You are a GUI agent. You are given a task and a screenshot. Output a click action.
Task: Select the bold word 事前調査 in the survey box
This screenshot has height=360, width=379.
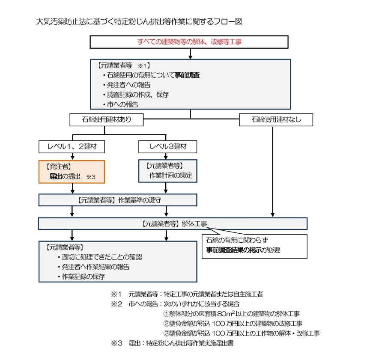(x=187, y=75)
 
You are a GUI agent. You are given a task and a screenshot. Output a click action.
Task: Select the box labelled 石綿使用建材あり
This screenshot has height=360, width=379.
(x=106, y=120)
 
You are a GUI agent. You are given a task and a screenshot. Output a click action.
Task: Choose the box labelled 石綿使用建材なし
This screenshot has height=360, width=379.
(x=276, y=120)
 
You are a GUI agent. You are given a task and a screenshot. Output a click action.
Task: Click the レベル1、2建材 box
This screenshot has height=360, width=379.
(x=72, y=147)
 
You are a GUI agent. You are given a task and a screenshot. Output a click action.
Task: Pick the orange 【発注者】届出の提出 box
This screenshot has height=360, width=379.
(x=72, y=172)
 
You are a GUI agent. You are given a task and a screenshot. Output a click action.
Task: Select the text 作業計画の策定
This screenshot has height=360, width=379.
(x=171, y=176)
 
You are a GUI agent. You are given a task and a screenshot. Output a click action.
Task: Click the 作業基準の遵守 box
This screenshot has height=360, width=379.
(x=118, y=200)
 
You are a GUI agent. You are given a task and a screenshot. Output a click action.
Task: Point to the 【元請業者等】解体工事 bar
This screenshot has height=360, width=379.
(x=173, y=223)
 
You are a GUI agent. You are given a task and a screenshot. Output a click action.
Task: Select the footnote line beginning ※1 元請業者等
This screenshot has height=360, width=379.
(x=187, y=294)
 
